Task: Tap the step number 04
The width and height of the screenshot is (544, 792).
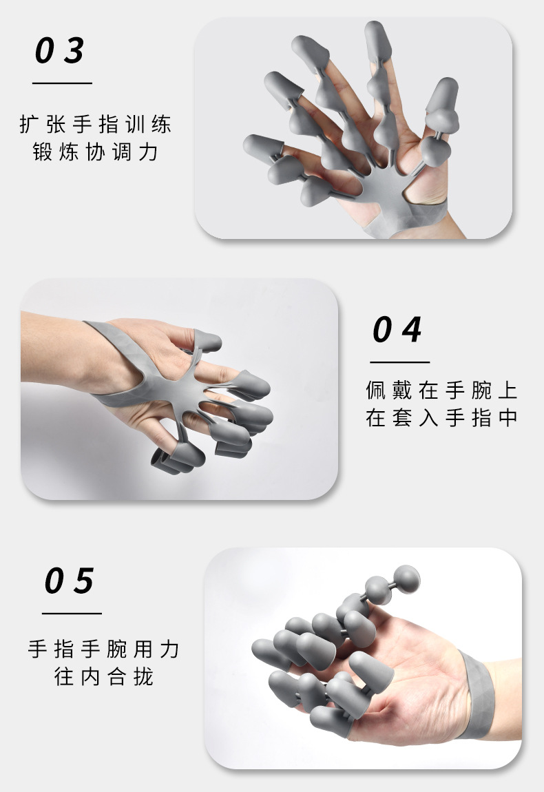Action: (x=397, y=330)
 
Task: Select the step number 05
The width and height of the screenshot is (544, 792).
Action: (x=70, y=582)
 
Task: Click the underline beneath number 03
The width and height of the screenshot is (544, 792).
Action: (x=62, y=83)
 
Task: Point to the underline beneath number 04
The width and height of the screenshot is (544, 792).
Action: (x=399, y=362)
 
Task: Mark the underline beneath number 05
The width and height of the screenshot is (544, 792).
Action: (x=72, y=613)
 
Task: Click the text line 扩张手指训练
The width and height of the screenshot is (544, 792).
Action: (x=95, y=125)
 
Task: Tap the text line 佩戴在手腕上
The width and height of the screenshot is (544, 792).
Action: (x=441, y=391)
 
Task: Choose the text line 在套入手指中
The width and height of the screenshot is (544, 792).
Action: (x=441, y=418)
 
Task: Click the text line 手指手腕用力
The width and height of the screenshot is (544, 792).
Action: (x=103, y=649)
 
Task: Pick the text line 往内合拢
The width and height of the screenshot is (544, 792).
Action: (x=103, y=676)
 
